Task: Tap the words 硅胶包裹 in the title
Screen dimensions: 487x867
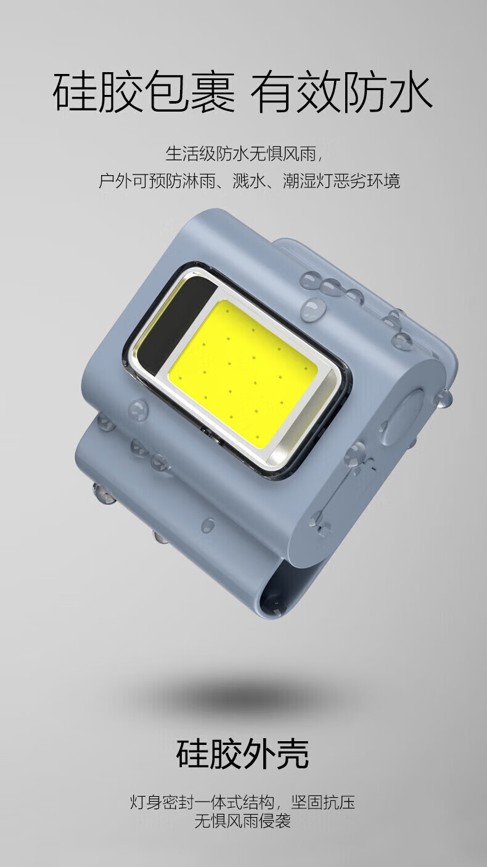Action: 144,92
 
